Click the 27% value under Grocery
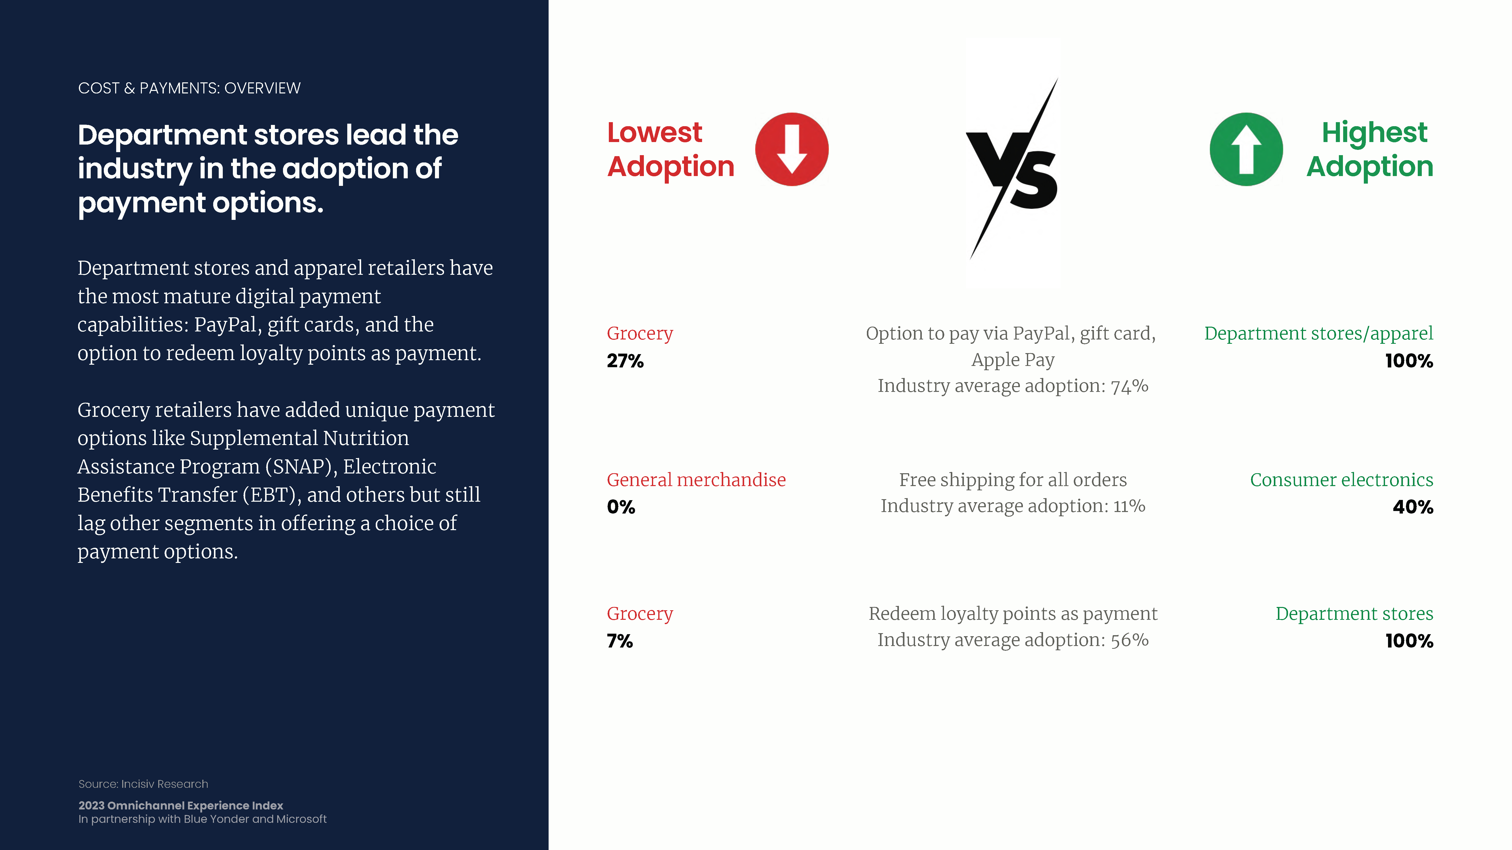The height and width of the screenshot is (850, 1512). (x=625, y=361)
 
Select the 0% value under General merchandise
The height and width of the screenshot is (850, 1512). (x=621, y=507)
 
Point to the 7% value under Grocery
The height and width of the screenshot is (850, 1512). (x=620, y=640)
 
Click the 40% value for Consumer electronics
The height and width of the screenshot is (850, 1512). (x=1413, y=507)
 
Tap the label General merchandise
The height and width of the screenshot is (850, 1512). (x=696, y=480)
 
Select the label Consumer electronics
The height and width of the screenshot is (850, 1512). (x=1342, y=480)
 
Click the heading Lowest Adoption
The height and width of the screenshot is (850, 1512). (x=670, y=150)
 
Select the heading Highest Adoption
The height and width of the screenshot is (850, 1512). (x=1370, y=150)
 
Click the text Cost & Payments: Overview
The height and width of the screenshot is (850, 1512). (x=189, y=88)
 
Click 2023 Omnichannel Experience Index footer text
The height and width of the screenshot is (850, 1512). (x=181, y=805)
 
